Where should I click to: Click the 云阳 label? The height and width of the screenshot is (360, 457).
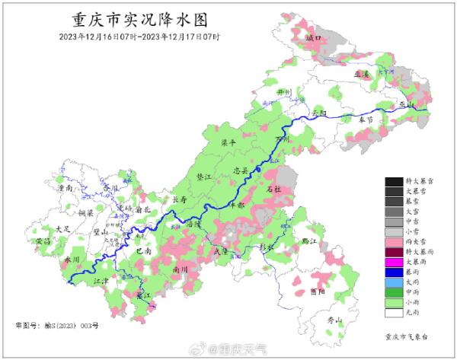coord(318,113)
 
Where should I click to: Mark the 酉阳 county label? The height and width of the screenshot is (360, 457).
coord(320,291)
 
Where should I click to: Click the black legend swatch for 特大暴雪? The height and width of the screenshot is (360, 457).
coord(394,181)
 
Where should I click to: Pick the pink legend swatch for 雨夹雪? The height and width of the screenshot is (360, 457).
coord(394,241)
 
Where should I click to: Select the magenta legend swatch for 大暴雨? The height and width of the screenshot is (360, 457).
coord(394,263)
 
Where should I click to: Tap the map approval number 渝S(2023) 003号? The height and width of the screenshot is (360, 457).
coord(68,325)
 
